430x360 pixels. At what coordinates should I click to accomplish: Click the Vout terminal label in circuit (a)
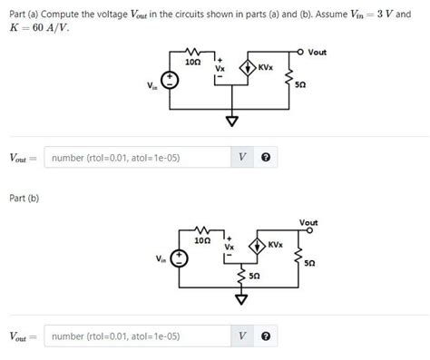317,53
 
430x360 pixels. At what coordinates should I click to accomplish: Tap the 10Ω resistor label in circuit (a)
192,63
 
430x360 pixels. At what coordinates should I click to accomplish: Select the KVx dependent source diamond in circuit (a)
246,68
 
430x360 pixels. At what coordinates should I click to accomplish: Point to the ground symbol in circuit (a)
232,122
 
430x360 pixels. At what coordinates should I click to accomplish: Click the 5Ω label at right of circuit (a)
300,84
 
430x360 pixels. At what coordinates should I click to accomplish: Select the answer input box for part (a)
135,158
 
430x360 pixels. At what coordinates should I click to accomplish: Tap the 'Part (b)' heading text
24,198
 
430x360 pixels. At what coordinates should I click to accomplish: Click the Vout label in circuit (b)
308,222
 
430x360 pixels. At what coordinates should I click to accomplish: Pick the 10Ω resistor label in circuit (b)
203,241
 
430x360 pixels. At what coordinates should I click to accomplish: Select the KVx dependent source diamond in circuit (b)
257,246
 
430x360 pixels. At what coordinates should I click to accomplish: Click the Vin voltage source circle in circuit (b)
181,258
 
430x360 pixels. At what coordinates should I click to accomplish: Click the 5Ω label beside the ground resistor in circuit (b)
255,275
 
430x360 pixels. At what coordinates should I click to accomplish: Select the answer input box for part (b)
135,336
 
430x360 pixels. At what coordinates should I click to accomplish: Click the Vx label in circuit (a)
220,68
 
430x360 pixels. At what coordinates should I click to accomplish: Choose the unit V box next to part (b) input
241,336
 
